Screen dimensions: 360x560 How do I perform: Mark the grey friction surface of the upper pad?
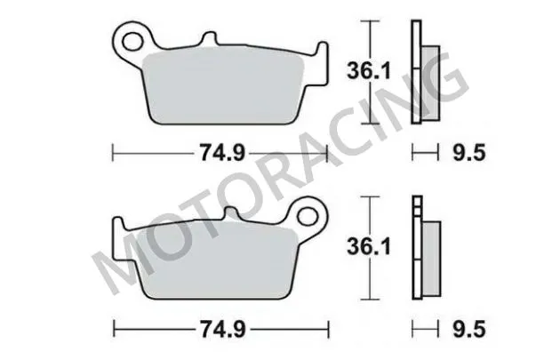[222, 89]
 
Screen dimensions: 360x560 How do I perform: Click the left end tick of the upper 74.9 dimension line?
[113, 155]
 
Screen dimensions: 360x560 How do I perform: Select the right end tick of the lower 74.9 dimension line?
[328, 328]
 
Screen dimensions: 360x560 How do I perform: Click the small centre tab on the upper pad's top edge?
[210, 39]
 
